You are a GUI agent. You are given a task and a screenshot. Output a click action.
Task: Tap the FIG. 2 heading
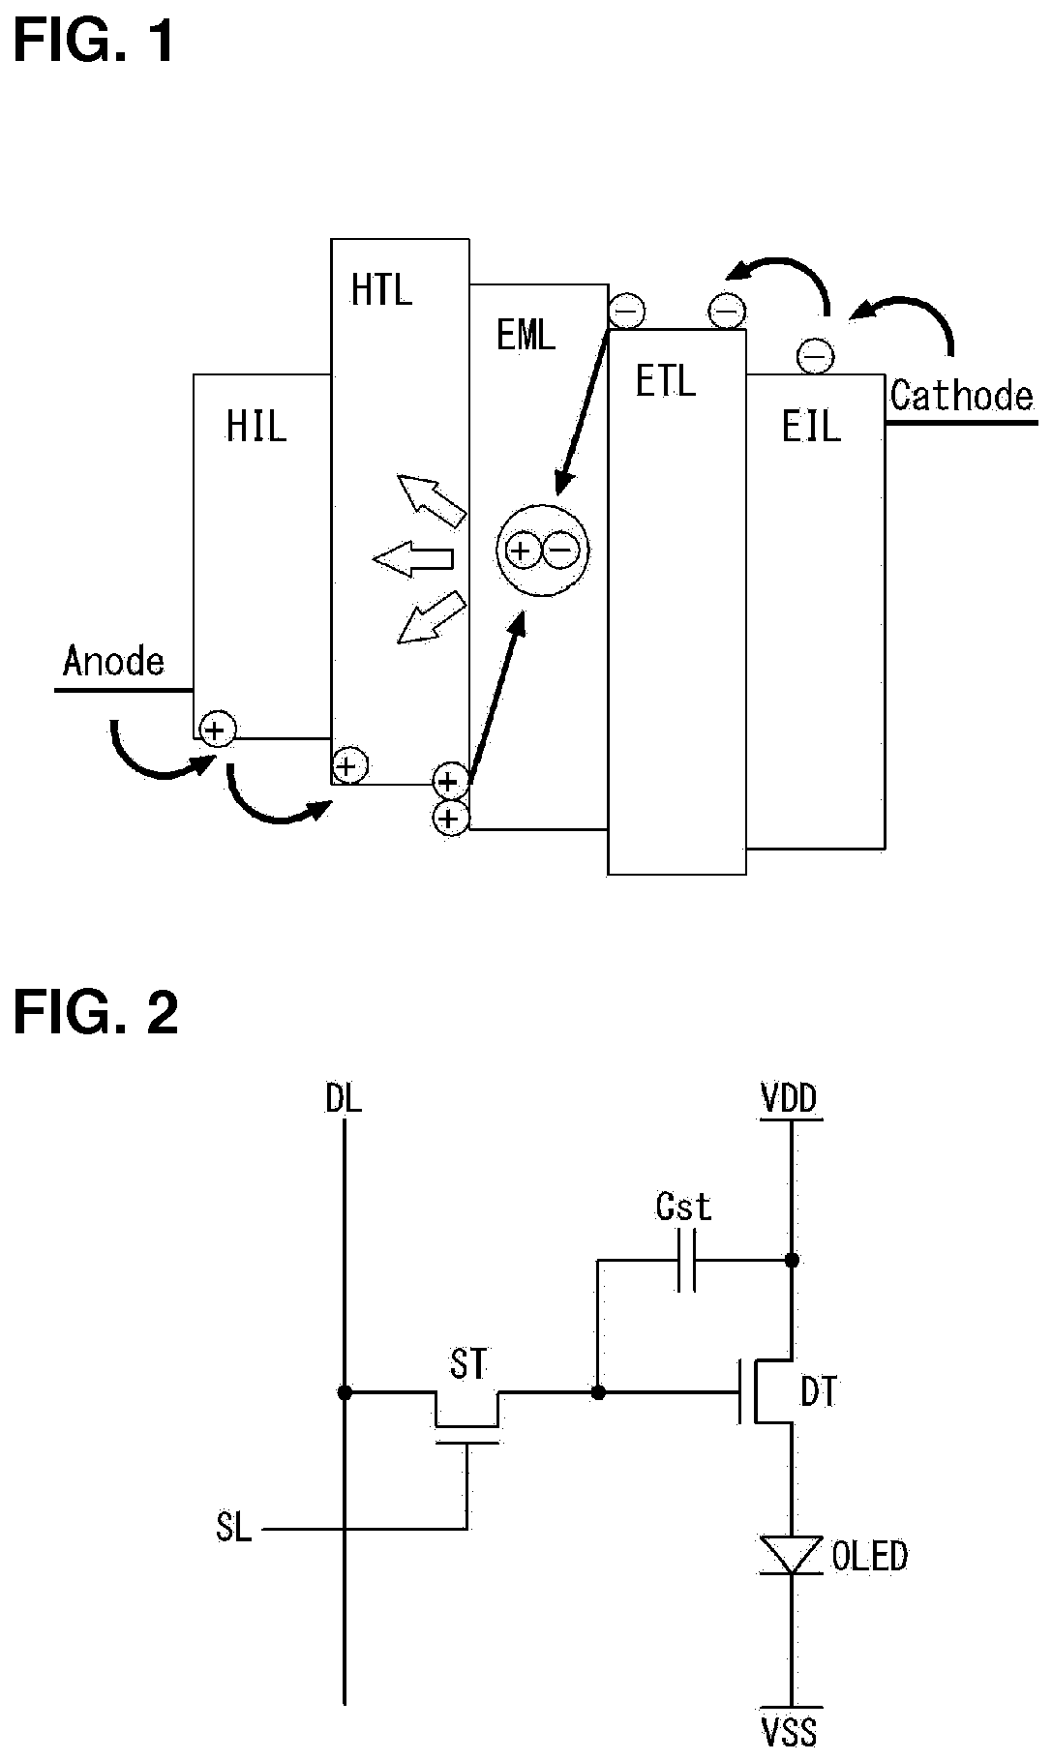tap(96, 1013)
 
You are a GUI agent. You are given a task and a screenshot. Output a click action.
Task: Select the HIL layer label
tap(256, 426)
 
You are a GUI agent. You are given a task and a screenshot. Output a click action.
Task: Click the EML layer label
tap(526, 335)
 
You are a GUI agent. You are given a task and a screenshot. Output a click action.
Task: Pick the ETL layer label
tap(665, 382)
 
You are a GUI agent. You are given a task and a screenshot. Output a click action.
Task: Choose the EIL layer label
tap(811, 426)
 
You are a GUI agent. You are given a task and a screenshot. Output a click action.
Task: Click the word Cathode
tap(962, 396)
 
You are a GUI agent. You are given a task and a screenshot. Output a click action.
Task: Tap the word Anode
tap(113, 661)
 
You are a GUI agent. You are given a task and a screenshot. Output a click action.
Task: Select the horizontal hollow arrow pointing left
tap(413, 558)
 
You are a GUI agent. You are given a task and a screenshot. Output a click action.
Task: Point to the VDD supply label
tap(789, 1098)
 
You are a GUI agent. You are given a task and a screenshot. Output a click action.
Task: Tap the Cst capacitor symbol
tap(686, 1260)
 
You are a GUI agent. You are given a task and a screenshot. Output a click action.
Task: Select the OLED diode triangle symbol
tap(792, 1556)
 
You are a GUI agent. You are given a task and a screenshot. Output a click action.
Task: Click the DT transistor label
tap(819, 1391)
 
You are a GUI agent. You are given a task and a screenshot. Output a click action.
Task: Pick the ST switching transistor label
tap(468, 1363)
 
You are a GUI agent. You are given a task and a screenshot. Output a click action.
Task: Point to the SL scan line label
tap(233, 1528)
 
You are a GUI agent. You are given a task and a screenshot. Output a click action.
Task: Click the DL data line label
tap(344, 1098)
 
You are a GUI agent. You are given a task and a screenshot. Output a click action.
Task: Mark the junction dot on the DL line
tap(344, 1392)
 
